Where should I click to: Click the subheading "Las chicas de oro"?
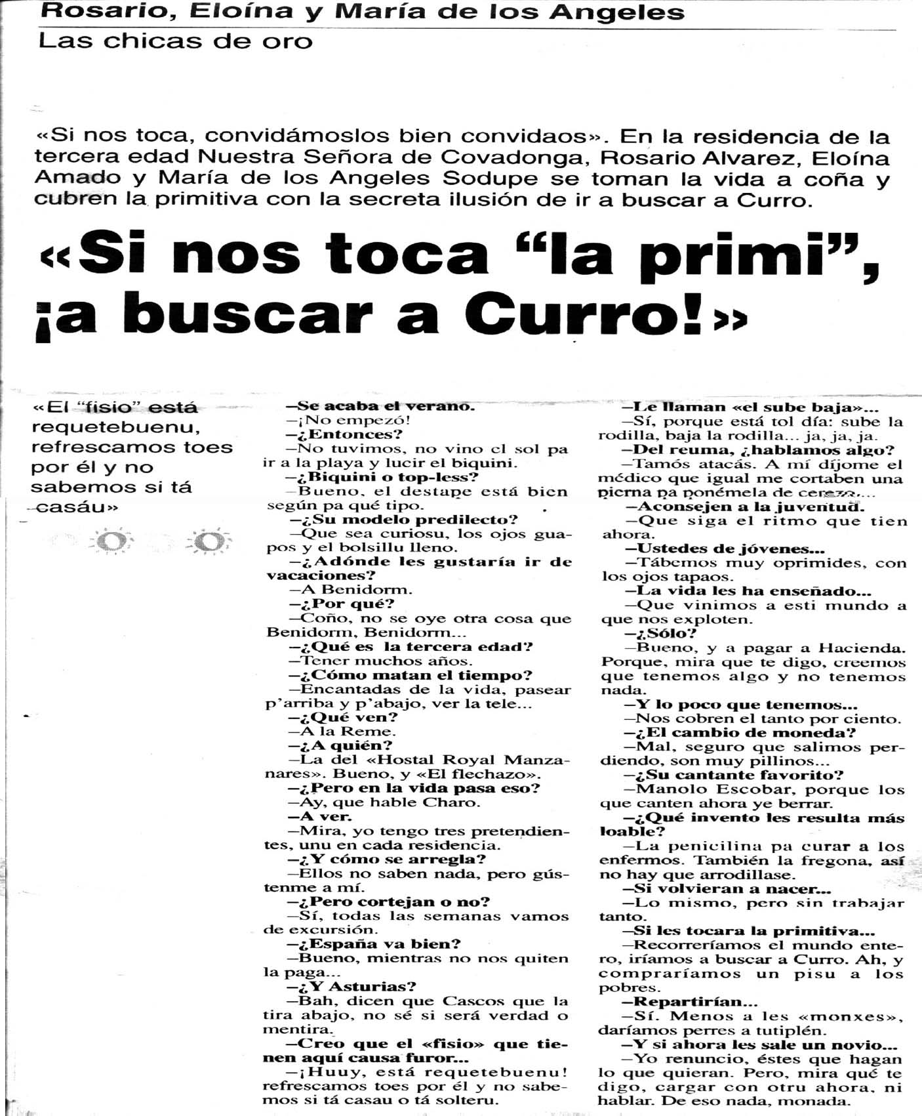pyautogui.click(x=175, y=41)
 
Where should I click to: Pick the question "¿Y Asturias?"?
pyautogui.click(x=351, y=986)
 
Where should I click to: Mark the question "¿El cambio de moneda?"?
pyautogui.click(x=740, y=733)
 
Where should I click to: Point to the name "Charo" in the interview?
pyautogui.click(x=456, y=802)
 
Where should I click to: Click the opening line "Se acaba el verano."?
pyautogui.click(x=377, y=406)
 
